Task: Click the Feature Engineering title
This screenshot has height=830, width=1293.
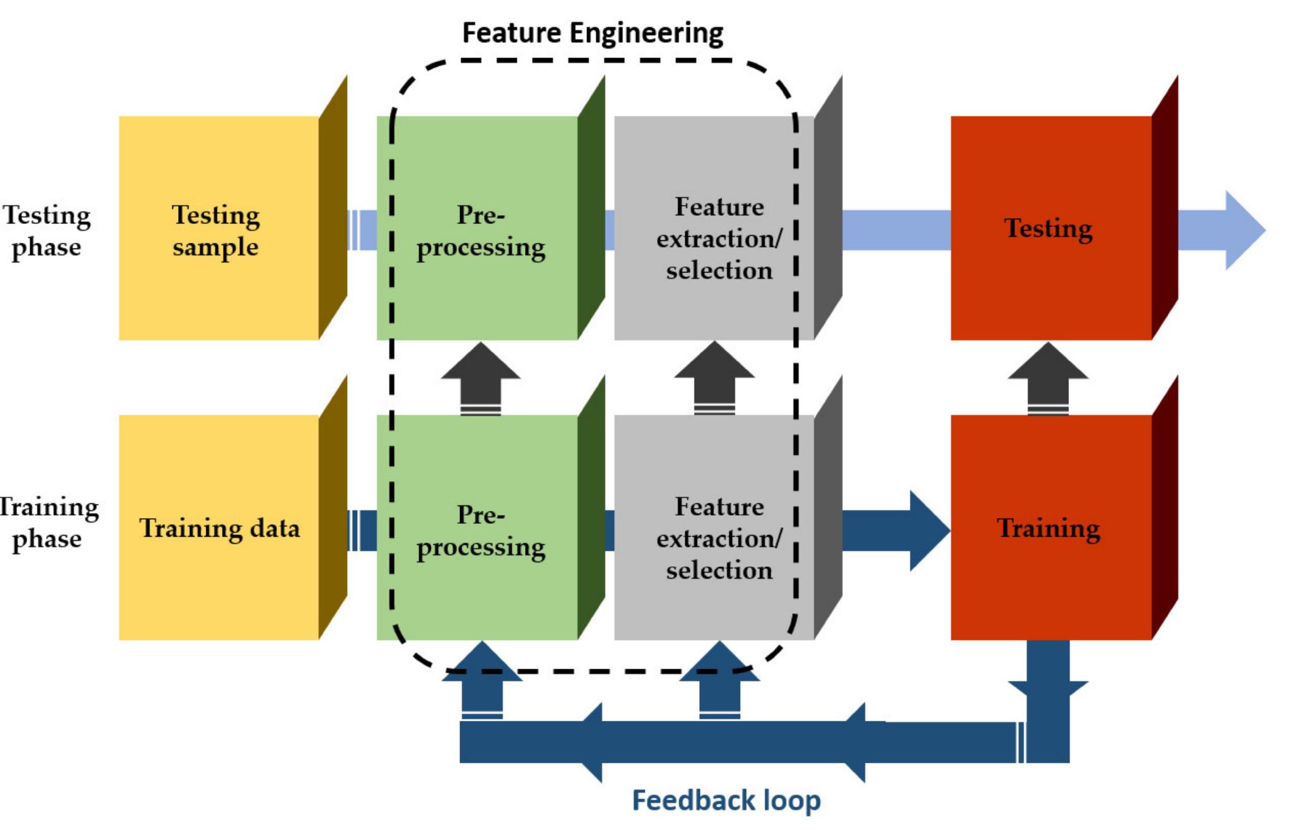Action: [593, 33]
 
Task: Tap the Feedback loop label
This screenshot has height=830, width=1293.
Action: [726, 800]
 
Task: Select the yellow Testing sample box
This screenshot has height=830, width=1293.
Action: [218, 228]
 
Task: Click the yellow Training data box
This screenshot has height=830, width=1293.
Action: [218, 527]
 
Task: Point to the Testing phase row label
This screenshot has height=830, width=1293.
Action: [47, 230]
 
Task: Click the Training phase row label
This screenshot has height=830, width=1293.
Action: [48, 523]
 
